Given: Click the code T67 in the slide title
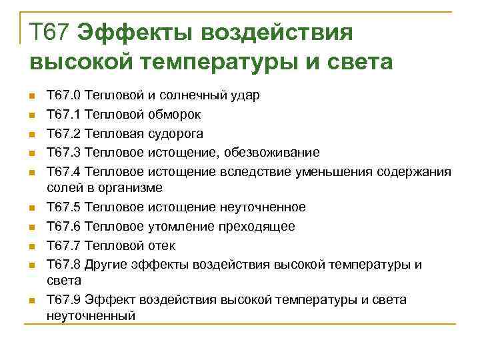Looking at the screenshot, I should [x=50, y=31].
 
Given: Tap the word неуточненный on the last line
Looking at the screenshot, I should [x=91, y=315].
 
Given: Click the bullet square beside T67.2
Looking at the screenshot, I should [x=30, y=134].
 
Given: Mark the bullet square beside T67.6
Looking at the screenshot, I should [x=30, y=227].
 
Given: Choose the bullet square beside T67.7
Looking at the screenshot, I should [x=30, y=246].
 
